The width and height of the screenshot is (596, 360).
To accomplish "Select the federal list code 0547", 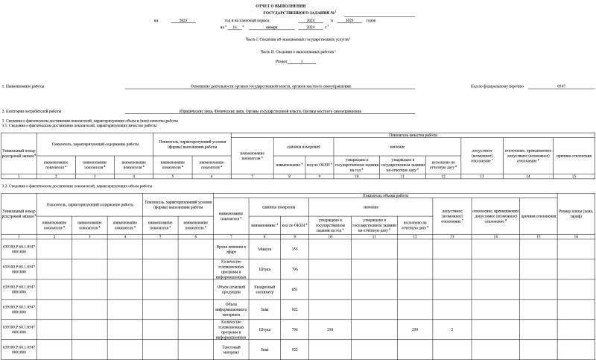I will (561, 86).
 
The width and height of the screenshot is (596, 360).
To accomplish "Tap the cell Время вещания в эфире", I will (230, 248).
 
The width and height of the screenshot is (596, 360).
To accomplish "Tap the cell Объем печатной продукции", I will (230, 288).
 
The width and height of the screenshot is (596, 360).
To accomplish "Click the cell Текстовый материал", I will (230, 348).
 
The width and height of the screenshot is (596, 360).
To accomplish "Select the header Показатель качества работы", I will (413, 135).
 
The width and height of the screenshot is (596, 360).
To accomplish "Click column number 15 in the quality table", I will (574, 175).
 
